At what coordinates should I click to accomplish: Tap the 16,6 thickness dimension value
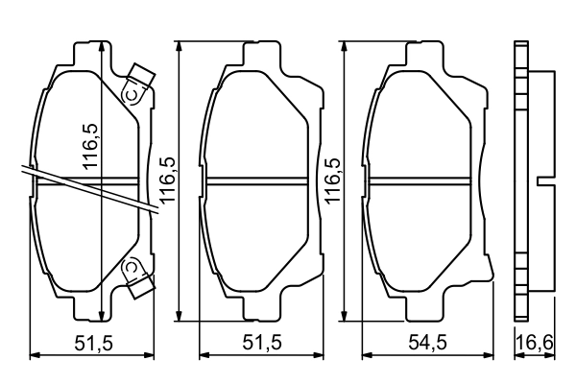coord(535,342)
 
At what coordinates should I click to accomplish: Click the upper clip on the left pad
coord(135,86)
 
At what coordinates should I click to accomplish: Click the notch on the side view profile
coord(543,181)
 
